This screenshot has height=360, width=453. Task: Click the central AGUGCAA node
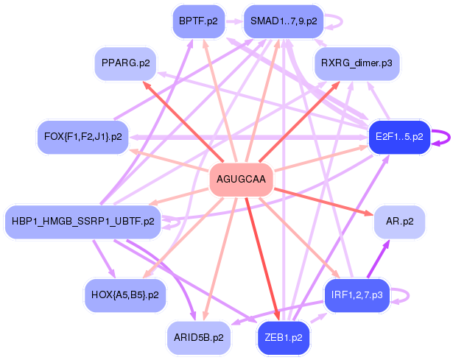point(242,180)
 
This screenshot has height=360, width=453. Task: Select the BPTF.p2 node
point(198,21)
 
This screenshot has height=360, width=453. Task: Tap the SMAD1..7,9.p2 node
point(284,21)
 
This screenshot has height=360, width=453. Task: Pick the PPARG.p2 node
point(126,63)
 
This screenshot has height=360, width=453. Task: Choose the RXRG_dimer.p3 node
point(357,63)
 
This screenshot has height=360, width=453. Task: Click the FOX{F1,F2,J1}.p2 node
point(83,137)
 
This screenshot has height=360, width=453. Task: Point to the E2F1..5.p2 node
point(399,137)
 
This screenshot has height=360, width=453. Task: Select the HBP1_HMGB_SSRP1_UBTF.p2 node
point(83,222)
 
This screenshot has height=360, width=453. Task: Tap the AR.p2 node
point(399,222)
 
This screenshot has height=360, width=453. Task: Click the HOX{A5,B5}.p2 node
point(125,295)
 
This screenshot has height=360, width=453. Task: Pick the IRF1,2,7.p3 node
point(357,295)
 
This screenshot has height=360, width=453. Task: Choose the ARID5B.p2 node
point(199,338)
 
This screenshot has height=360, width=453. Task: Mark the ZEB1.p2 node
point(284,338)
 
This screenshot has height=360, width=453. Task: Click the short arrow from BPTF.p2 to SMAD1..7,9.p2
point(234,21)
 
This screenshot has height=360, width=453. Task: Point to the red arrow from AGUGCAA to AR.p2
point(323,202)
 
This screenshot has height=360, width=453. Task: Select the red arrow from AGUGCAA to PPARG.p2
point(183,121)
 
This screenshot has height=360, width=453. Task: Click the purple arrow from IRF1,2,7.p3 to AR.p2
point(379,259)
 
